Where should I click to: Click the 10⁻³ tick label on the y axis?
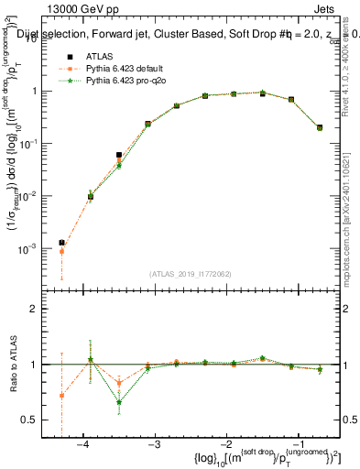click(x=29, y=249)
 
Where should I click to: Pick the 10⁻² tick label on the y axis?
click(x=29, y=196)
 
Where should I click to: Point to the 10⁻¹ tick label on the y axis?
click(x=29, y=144)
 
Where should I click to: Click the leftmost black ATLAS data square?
click(x=61, y=243)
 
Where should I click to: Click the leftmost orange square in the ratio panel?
click(x=61, y=396)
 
